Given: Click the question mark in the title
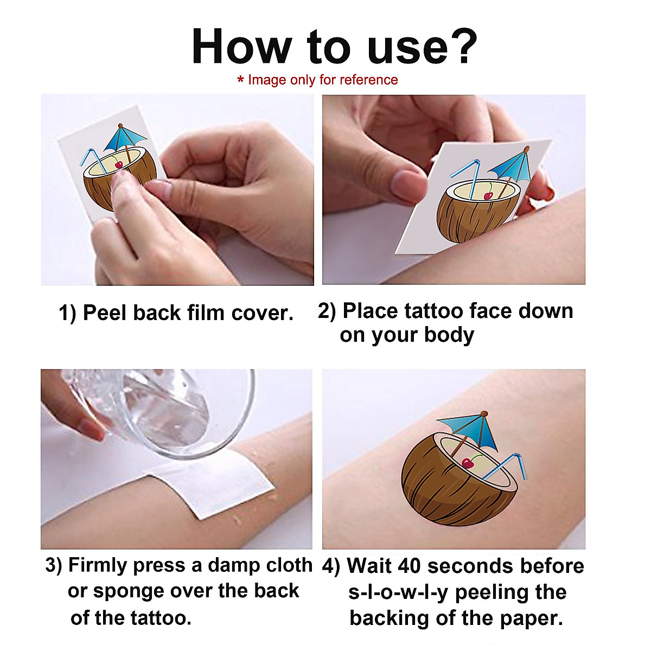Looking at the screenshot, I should click(x=461, y=47).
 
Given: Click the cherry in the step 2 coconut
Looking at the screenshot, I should click(x=488, y=195).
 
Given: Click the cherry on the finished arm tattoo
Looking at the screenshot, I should click(x=467, y=463).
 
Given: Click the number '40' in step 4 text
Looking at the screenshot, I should click(x=410, y=566).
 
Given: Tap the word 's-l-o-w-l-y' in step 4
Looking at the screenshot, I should click(x=398, y=592).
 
